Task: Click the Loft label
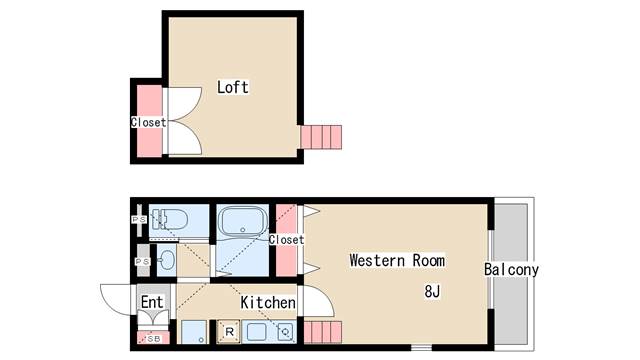pos(233,87)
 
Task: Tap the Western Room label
pos(397,260)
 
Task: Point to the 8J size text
pos(432,291)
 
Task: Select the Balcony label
pos(511,269)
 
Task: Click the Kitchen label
pos(268,302)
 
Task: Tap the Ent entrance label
pos(152,302)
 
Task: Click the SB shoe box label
pos(154,339)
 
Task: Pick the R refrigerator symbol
pos(229,331)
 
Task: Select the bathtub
pos(242,222)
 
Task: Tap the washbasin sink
pos(167,260)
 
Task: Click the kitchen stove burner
pos(285,331)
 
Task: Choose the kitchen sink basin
pos(256,332)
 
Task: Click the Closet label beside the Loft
pos(149,122)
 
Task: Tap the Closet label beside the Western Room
pos(286,240)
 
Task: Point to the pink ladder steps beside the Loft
pos(321,137)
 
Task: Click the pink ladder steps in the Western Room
pos(323,332)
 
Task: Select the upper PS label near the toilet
pos(139,220)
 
